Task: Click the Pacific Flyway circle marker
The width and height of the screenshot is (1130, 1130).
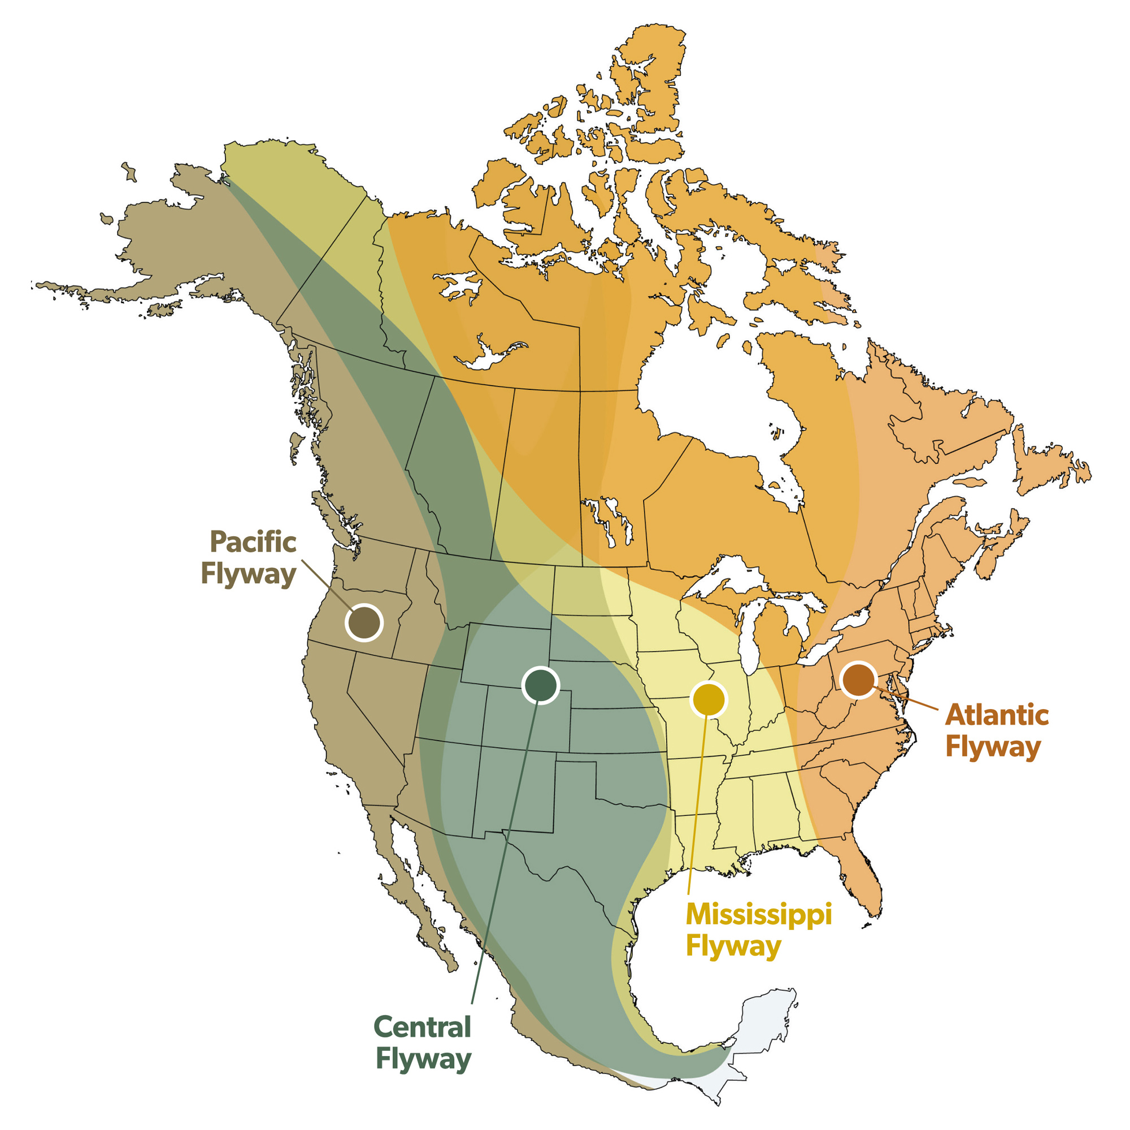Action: click(364, 622)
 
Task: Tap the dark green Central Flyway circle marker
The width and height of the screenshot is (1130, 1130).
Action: click(541, 685)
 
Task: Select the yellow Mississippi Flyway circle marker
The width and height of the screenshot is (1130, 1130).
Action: click(709, 699)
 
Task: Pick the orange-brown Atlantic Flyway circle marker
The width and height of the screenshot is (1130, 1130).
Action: click(858, 680)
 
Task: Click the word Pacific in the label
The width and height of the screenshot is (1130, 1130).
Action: click(253, 542)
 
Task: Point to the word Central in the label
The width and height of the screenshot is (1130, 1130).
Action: click(421, 1027)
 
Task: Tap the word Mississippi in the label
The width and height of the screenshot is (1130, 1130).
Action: click(759, 914)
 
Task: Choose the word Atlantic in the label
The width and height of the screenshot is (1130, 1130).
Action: click(997, 715)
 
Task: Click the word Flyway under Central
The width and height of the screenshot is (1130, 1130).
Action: click(423, 1060)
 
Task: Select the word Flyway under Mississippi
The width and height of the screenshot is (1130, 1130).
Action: click(733, 946)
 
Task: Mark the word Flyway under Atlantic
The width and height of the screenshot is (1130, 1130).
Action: click(993, 747)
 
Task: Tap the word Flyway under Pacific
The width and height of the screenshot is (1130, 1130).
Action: click(249, 574)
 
